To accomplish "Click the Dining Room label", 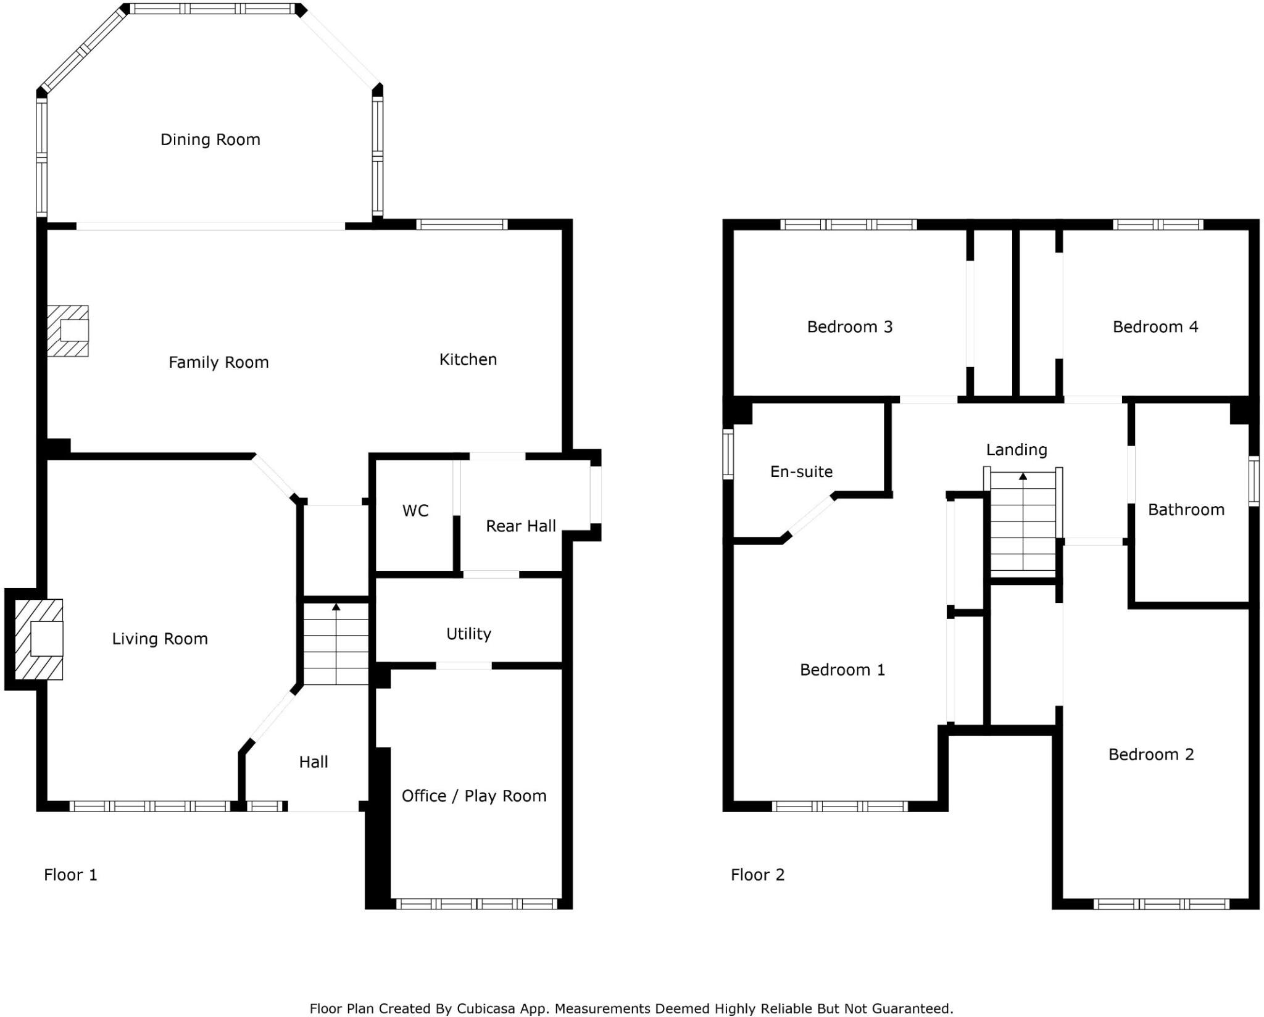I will [210, 139].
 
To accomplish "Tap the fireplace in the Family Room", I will [69, 331].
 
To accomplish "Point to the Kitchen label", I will [468, 359].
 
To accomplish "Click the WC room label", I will [415, 510].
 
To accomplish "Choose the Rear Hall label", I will [520, 526].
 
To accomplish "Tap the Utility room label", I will [468, 634].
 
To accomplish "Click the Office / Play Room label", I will [474, 796].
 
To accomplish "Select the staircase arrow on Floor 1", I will [336, 608].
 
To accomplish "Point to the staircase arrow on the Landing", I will [1023, 477].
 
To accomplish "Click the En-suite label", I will [801, 471].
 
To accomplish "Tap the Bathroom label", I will [1186, 510].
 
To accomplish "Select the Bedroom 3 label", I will [849, 326].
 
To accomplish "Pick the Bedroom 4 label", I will [1155, 326].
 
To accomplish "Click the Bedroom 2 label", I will [1150, 754].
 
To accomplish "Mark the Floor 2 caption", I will [757, 874].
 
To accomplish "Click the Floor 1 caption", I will [70, 874].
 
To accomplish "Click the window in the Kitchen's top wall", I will [462, 225].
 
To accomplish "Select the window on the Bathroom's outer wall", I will [1254, 481].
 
